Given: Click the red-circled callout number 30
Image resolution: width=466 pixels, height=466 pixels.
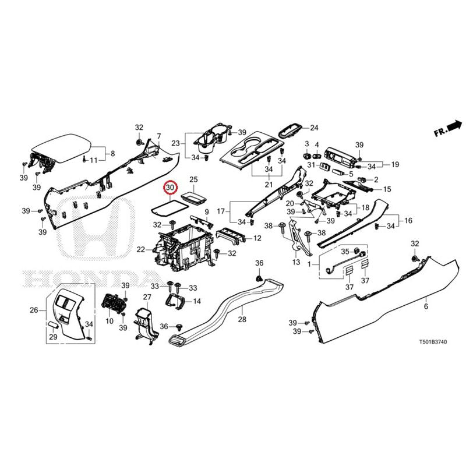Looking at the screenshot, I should click(170, 188).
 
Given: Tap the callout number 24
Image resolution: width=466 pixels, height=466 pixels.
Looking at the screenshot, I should click(315, 128).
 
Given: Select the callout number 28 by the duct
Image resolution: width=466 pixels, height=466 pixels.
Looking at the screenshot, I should click(242, 319).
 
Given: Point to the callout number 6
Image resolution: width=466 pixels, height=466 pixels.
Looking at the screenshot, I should click(426, 306).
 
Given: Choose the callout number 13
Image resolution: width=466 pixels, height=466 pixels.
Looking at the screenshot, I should click(296, 263).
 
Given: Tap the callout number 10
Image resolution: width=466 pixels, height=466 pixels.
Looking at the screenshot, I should click(109, 321).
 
